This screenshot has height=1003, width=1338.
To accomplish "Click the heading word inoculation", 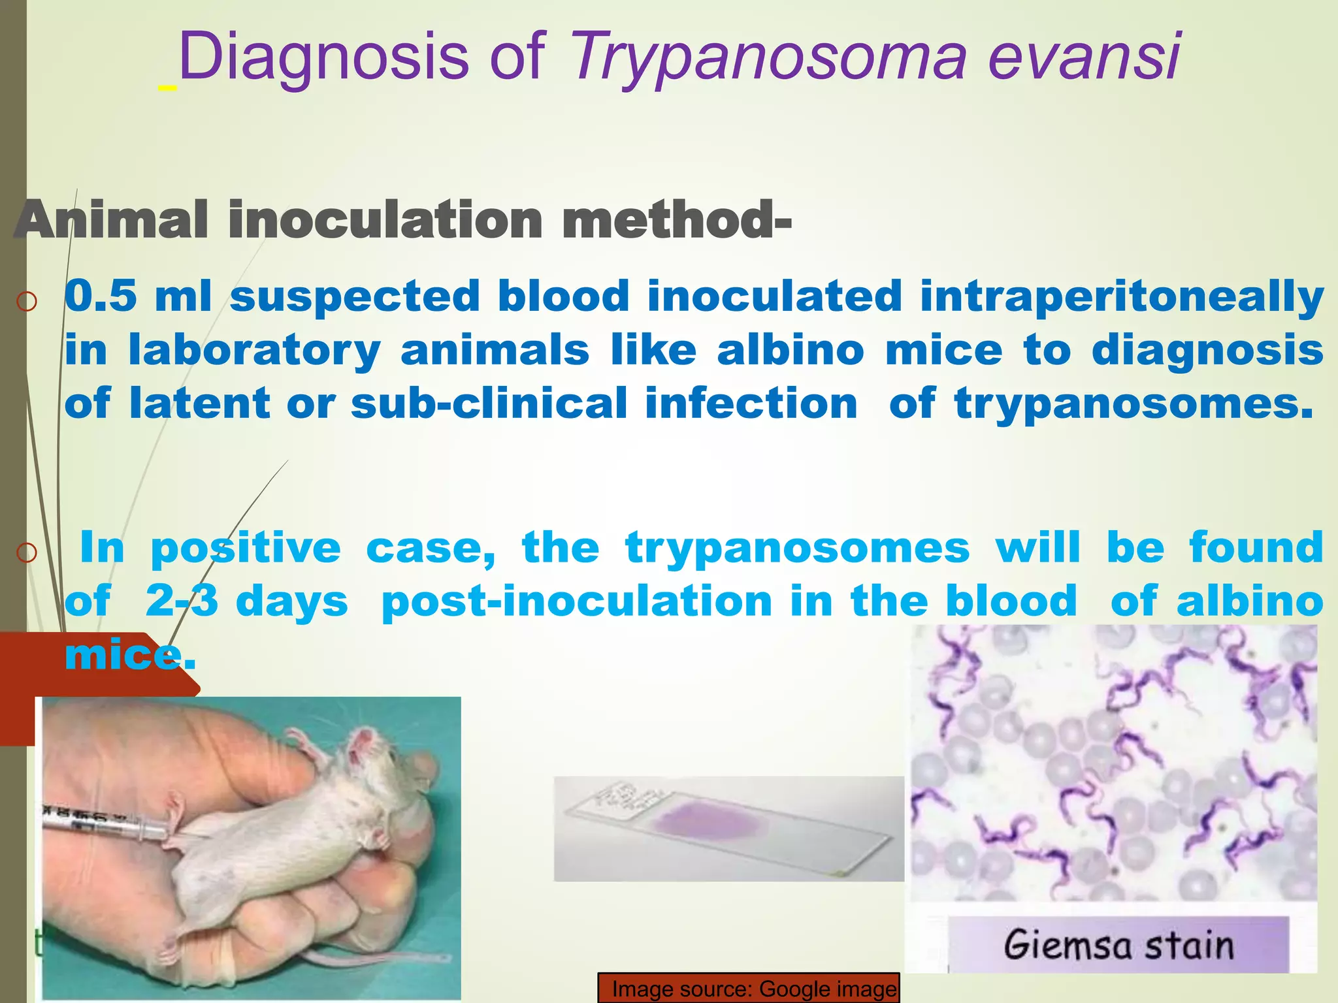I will [385, 220].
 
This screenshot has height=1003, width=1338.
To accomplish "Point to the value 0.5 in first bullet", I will [101, 296].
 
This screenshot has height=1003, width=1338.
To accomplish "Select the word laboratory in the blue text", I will [254, 351].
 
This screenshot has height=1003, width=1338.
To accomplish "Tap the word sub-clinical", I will [489, 403].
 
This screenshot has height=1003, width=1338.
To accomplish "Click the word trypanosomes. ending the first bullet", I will [1133, 404].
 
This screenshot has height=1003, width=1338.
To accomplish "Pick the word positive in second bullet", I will [246, 549].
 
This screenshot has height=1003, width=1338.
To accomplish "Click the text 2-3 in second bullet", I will [181, 601].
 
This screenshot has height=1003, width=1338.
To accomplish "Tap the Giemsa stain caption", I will [1118, 945].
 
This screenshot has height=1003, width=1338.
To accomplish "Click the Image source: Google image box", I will [749, 989].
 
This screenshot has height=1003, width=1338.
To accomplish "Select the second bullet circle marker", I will [26, 553].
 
